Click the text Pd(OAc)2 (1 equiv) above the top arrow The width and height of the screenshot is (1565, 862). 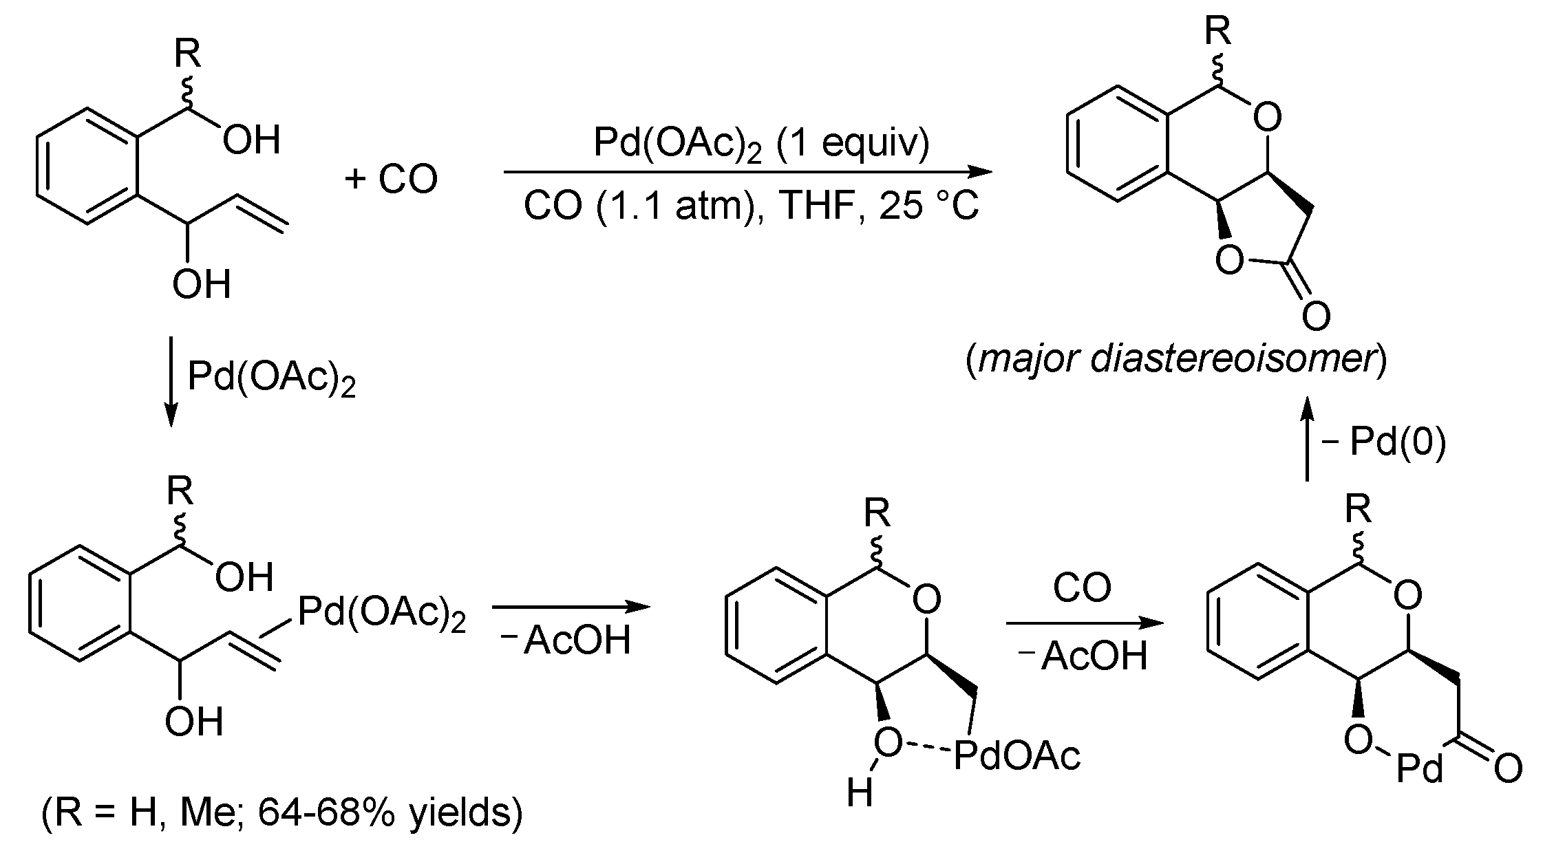click(x=761, y=144)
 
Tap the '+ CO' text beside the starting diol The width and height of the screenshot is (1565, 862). click(x=391, y=179)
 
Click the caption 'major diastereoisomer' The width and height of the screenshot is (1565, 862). click(x=1176, y=359)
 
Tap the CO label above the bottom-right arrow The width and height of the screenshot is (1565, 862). click(x=1082, y=588)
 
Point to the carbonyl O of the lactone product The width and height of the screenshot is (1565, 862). click(x=1316, y=316)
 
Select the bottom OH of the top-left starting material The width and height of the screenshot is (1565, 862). click(x=201, y=284)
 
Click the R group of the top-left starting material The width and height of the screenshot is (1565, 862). click(x=187, y=54)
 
